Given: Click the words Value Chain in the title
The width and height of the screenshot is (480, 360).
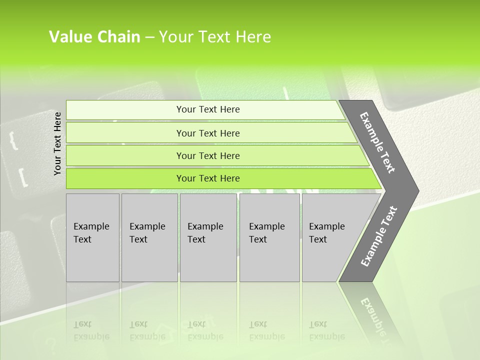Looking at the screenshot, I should pos(94,37).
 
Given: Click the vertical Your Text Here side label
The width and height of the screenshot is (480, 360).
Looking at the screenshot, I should pos(57,143).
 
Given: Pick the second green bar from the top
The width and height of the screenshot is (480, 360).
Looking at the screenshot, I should pos(207,133).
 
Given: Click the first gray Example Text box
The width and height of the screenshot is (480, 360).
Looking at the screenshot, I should pos(92,237).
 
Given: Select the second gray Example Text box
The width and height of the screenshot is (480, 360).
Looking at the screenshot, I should pos(149,237).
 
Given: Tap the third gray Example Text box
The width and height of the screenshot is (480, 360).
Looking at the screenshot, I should pos(208,237).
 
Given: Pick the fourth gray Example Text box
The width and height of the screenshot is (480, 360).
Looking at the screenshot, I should pos(269,237).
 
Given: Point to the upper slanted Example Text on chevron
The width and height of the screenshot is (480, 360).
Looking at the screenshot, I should pos(377,142).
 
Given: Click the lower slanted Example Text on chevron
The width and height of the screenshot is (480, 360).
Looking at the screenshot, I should pos(378,236).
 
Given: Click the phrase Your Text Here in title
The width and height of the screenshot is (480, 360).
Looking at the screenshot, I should pos(214,37).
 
